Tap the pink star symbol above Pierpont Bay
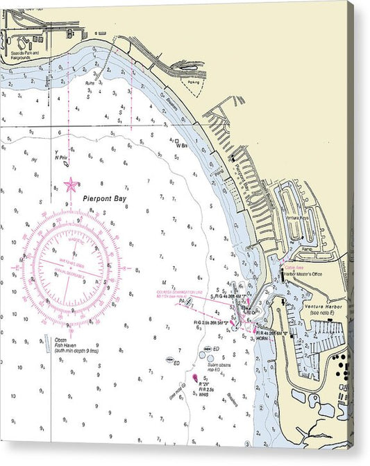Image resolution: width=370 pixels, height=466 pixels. click(70, 184)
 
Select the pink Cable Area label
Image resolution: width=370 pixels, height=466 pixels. click(295, 266)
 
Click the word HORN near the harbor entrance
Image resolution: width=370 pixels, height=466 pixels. click(262, 338)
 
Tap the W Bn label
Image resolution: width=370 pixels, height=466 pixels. click(182, 145)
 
